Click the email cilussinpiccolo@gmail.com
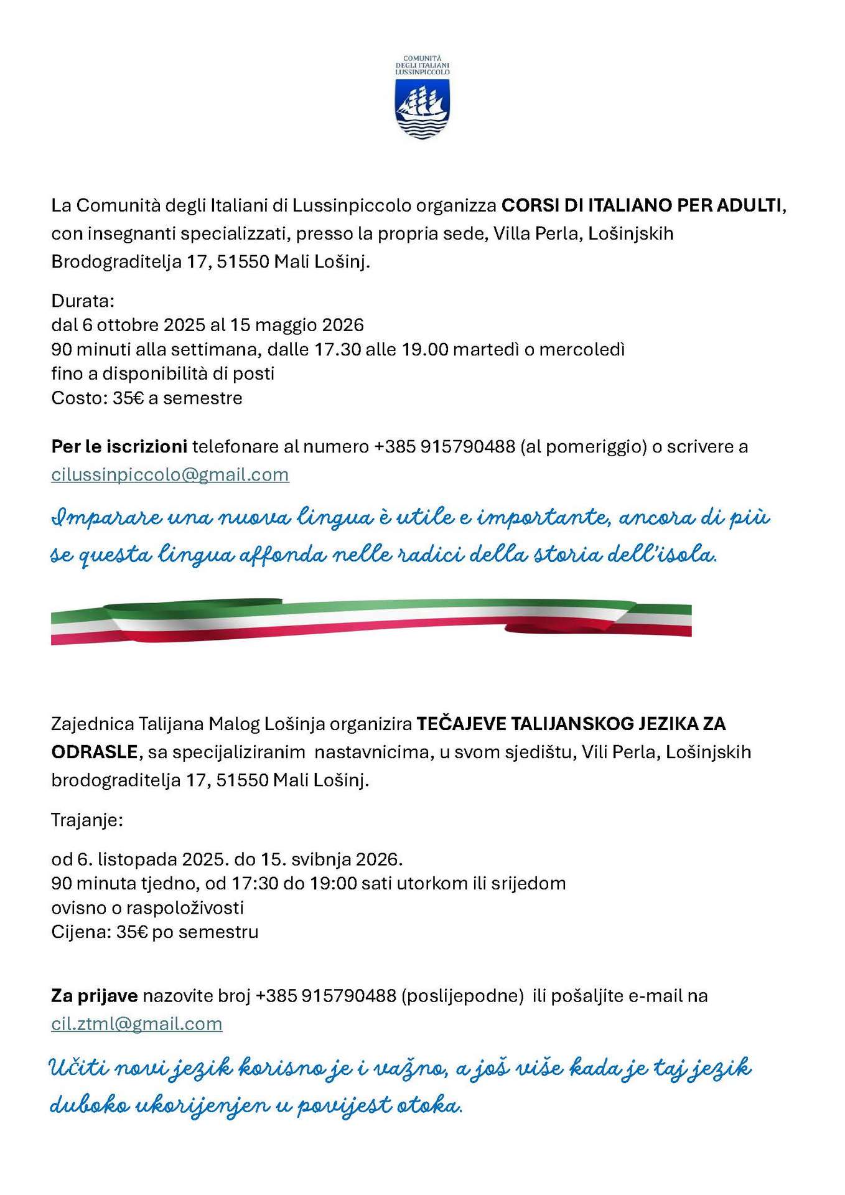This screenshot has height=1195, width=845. [x=170, y=475]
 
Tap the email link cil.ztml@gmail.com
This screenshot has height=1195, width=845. [x=136, y=1024]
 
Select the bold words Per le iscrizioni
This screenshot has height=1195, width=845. [x=119, y=447]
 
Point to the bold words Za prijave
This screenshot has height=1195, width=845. [x=94, y=996]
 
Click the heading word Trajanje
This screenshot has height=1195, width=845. [x=86, y=820]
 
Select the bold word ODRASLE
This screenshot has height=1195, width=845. [x=94, y=752]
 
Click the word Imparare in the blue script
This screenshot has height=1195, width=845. [x=106, y=518]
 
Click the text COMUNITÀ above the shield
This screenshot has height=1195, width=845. [x=422, y=59]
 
